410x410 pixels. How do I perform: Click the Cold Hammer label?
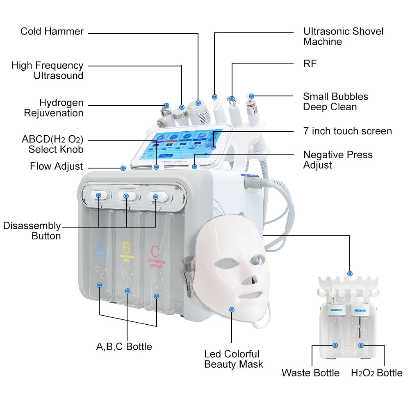tap(52, 32)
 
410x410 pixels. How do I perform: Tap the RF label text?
tap(310, 64)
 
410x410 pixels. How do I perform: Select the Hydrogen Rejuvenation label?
tap(54, 108)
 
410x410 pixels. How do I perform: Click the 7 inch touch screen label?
tap(347, 131)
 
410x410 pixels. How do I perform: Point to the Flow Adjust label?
tap(56, 166)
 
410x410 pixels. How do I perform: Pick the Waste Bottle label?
tap(310, 373)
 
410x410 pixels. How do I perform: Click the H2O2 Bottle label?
tap(376, 373)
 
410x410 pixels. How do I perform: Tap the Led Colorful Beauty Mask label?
tap(233, 359)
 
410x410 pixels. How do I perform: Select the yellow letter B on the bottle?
tap(127, 248)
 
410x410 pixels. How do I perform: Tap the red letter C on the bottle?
tap(155, 251)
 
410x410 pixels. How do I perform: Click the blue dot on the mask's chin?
tap(232, 310)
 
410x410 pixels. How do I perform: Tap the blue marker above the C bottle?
tap(155, 197)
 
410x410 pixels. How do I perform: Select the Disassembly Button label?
tap(32, 231)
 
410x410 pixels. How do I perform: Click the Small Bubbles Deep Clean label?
tap(335, 102)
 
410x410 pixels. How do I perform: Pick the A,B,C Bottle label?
tap(124, 347)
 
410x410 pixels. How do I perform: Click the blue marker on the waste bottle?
tap(335, 346)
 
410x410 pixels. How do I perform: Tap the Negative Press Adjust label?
tap(338, 160)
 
